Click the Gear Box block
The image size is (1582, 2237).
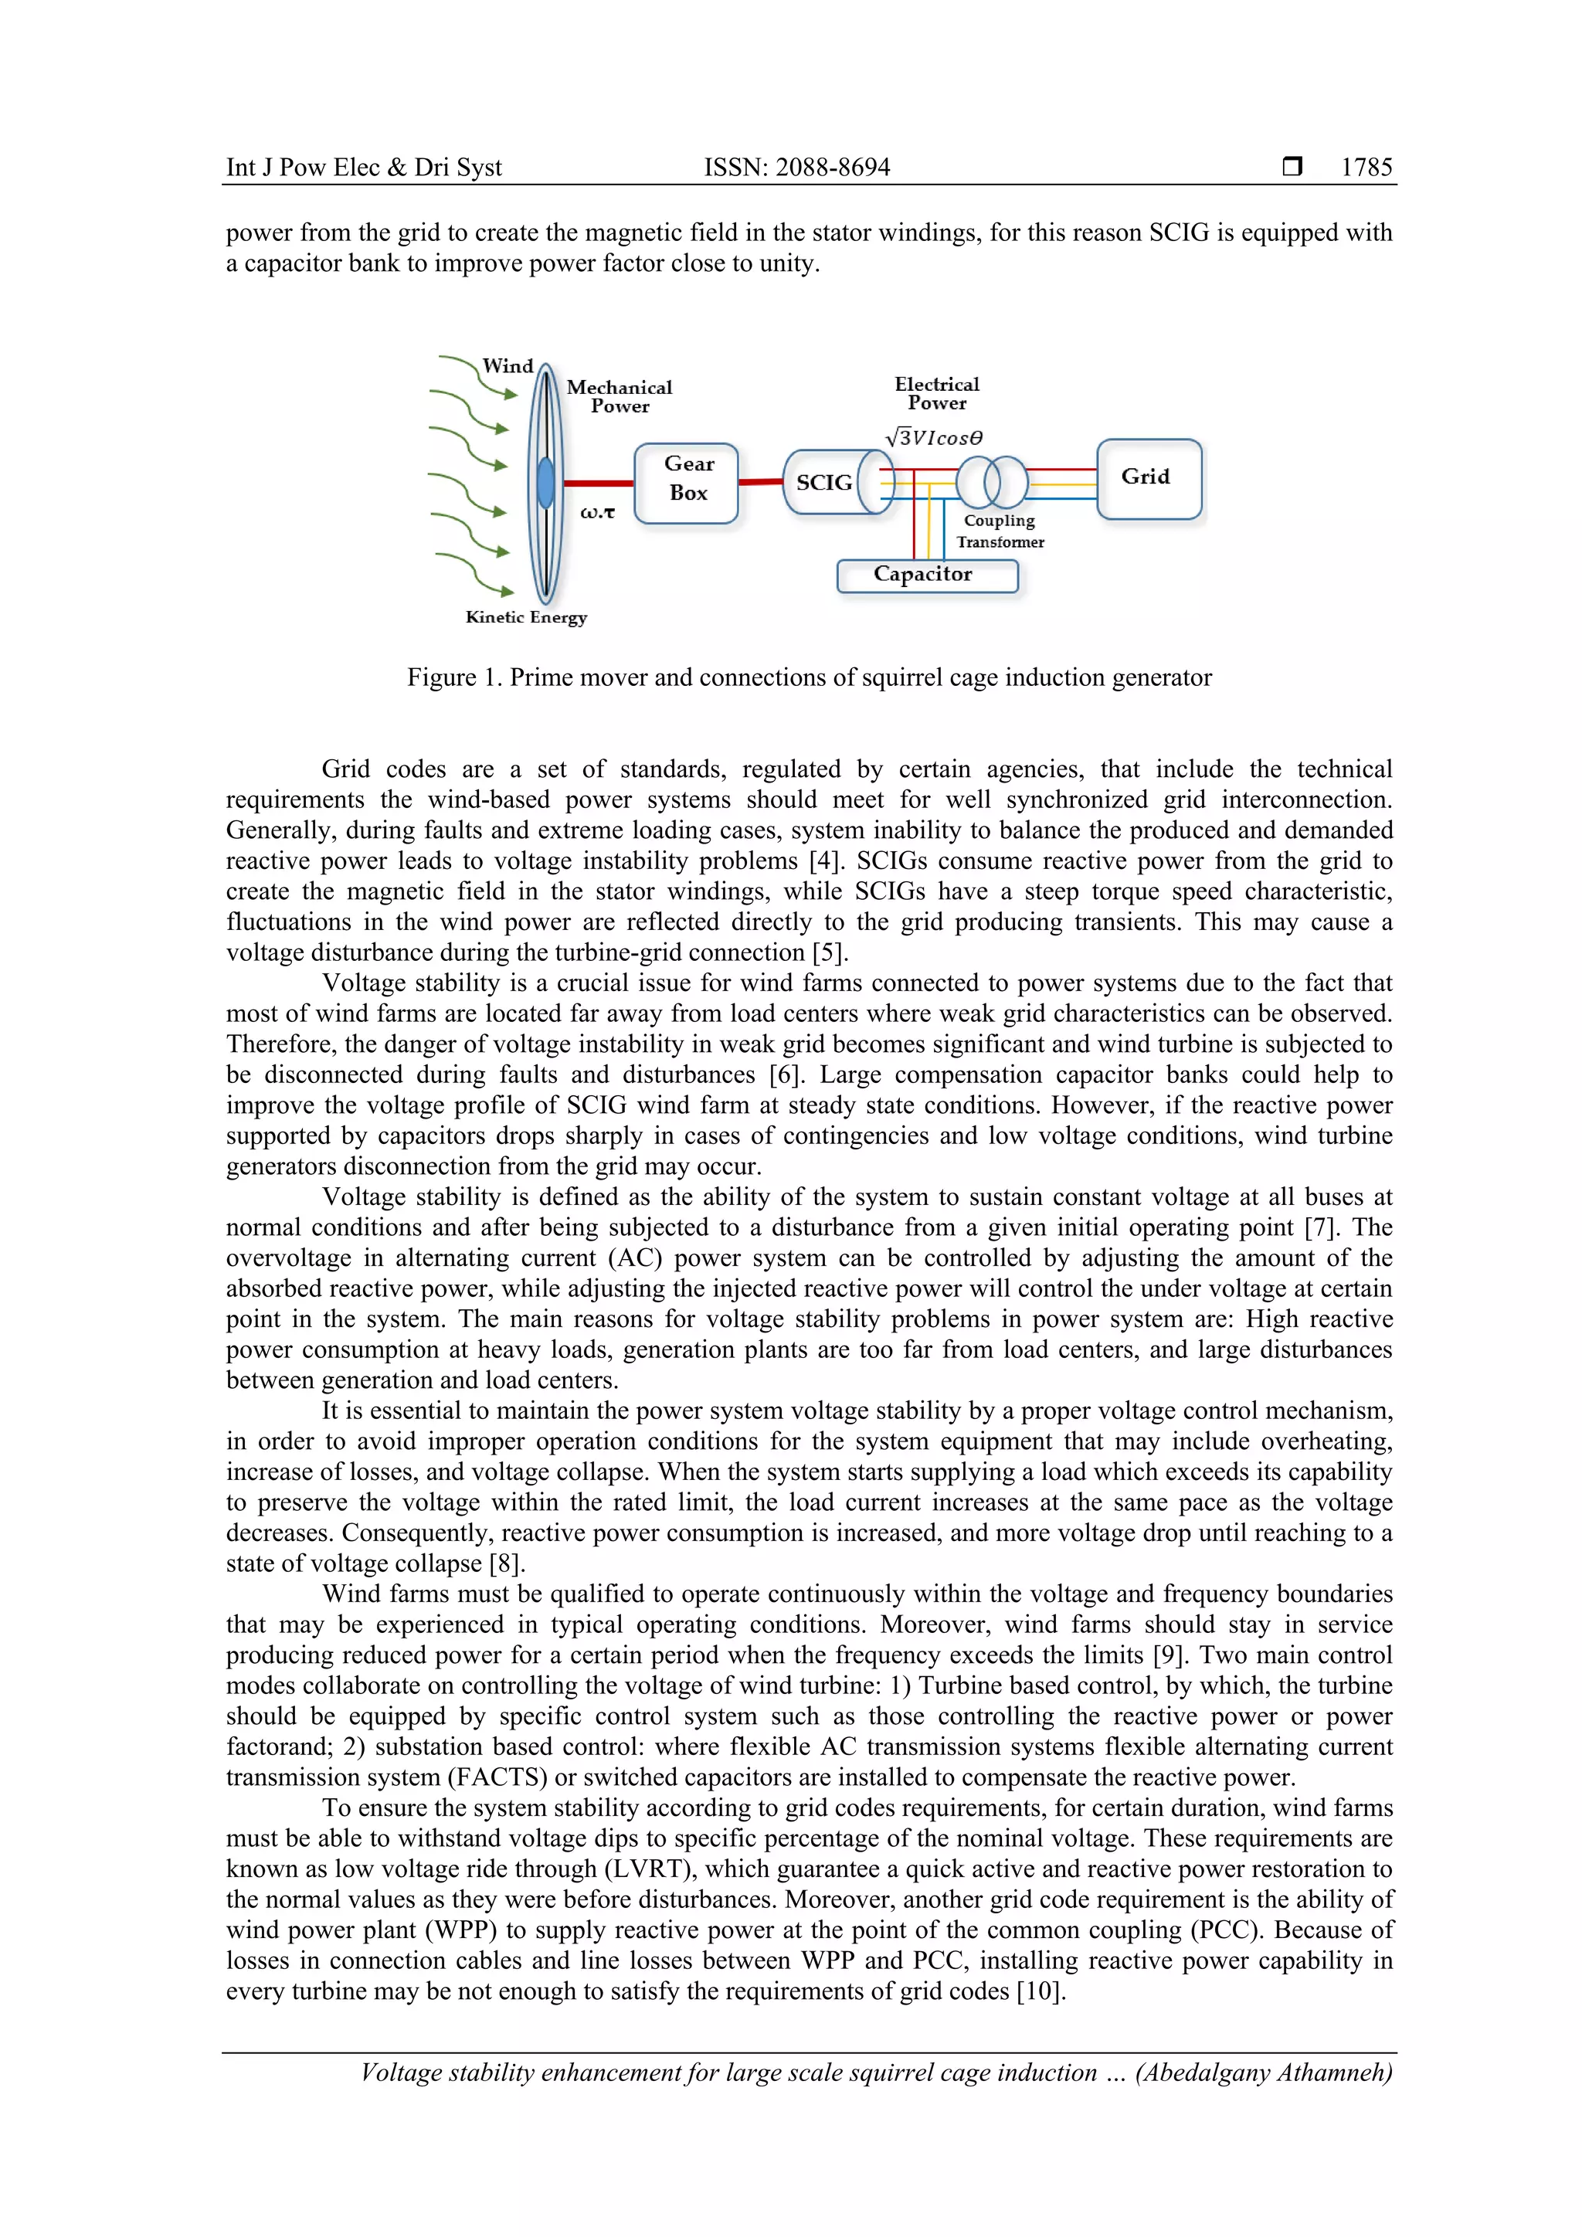coord(687,484)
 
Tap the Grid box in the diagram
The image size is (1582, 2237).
coord(1149,478)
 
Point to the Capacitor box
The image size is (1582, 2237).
coord(926,575)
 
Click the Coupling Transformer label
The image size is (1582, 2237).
coord(1000,531)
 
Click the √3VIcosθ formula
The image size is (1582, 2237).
coord(934,437)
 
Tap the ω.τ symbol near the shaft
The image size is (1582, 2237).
coord(597,512)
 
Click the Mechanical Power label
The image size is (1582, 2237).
coord(620,396)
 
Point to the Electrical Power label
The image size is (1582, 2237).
coord(937,394)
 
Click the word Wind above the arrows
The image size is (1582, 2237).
coord(508,366)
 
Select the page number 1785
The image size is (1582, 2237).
coord(1366,168)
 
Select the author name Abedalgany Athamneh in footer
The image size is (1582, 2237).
coord(1264,2072)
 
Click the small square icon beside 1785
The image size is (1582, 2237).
coord(1292,167)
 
